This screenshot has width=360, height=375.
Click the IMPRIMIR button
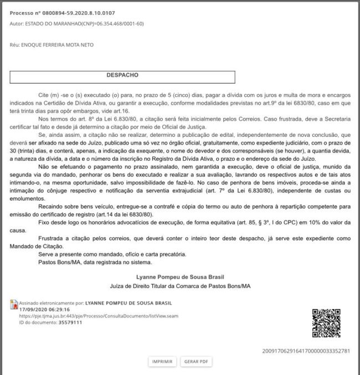tap(162, 362)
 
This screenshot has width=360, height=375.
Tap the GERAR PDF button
tap(197, 362)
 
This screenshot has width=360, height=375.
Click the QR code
tap(326, 322)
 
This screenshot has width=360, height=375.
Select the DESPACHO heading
tap(122, 74)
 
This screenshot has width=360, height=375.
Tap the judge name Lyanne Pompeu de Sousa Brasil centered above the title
tap(181, 276)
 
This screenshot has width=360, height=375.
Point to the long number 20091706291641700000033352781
tap(306, 351)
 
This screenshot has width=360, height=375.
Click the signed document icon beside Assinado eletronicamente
tap(13, 304)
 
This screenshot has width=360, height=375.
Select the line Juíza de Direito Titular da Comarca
tap(181, 286)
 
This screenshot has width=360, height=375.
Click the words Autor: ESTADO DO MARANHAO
tap(50, 24)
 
